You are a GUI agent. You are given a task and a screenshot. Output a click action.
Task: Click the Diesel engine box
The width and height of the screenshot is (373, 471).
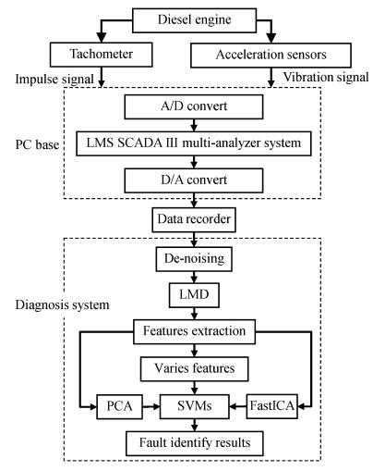click(x=194, y=20)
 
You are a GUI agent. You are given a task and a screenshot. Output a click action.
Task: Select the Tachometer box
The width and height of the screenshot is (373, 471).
click(x=102, y=55)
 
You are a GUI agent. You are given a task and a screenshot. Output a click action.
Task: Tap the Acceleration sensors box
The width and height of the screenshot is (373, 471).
click(x=271, y=56)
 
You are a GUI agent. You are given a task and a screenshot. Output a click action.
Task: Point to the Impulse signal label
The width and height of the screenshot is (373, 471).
click(x=54, y=80)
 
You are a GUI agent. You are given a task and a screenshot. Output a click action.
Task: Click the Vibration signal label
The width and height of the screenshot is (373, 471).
click(x=326, y=77)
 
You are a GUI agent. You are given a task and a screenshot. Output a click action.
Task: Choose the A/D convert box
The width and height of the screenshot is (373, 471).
click(x=194, y=106)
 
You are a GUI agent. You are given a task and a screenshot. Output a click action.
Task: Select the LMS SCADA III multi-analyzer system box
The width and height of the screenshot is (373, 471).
click(x=194, y=143)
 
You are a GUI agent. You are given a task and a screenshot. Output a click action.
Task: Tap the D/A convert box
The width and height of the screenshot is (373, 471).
click(x=194, y=180)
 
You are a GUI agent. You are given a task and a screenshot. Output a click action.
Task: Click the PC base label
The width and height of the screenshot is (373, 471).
click(x=37, y=144)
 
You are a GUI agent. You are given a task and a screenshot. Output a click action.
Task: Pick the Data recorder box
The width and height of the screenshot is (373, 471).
click(x=194, y=219)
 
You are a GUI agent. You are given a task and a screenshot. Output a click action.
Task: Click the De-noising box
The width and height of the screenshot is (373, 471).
click(x=194, y=259)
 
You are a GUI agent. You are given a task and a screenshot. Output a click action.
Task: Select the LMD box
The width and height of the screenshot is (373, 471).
click(x=194, y=295)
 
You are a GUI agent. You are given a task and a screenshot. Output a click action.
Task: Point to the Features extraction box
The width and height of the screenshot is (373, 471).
click(x=194, y=332)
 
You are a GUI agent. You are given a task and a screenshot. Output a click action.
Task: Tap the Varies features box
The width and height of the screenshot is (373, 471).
click(x=194, y=369)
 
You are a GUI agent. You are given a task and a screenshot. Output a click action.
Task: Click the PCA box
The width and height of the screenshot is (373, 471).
click(x=120, y=406)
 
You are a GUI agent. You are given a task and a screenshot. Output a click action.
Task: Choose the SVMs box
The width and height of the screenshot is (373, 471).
click(x=194, y=406)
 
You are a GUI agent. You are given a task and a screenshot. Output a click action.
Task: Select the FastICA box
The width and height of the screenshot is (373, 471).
click(x=272, y=406)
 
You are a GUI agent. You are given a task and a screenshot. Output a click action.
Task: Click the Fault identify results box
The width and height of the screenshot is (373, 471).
click(x=195, y=443)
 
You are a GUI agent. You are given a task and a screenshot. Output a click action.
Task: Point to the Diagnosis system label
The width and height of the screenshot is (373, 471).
click(x=62, y=305)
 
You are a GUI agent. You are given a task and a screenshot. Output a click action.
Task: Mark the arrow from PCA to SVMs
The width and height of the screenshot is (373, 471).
click(x=151, y=407)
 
